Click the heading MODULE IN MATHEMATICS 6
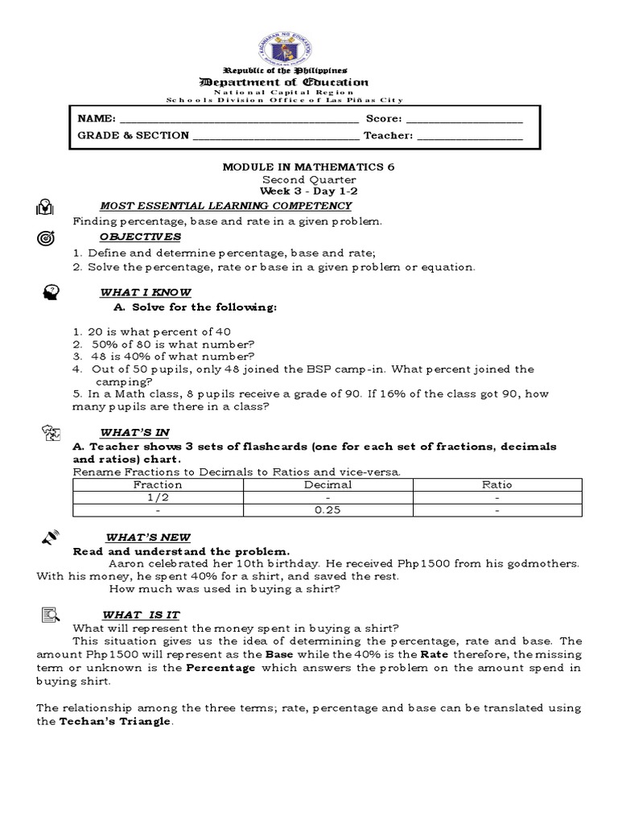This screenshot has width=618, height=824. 308,167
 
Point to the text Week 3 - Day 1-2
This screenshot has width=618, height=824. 308,192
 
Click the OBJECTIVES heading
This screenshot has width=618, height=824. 140,237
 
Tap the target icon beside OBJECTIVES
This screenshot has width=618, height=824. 46,239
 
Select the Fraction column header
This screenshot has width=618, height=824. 158,484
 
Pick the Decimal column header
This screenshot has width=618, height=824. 328,484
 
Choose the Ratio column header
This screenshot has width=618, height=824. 496,484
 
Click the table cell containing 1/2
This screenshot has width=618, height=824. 158,497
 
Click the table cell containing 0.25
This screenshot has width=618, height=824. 328,510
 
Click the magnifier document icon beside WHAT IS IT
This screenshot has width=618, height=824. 49,616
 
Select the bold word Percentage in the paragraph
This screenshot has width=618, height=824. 221,668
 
